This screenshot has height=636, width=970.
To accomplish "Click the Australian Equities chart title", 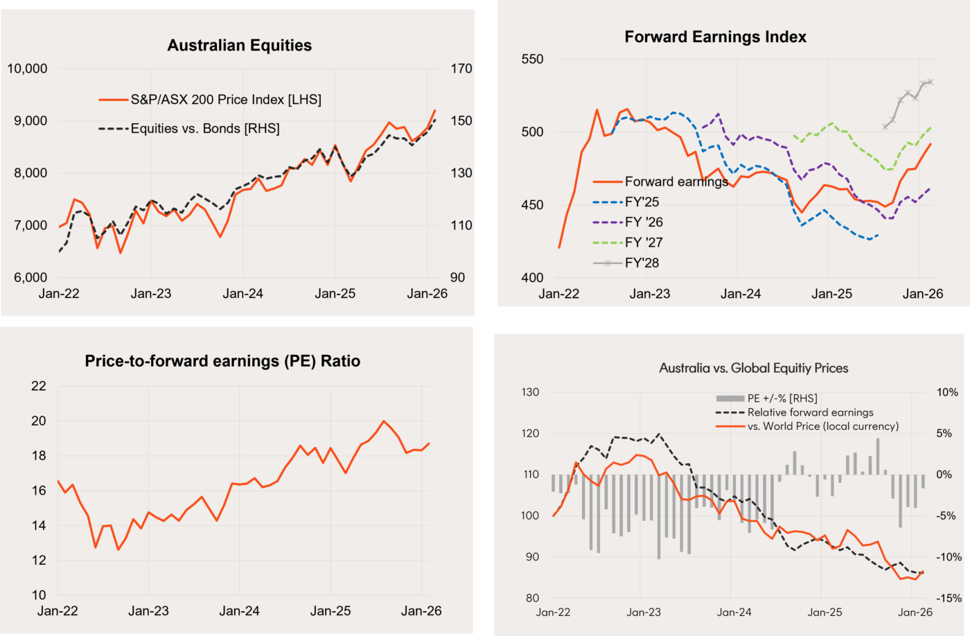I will (x=240, y=46).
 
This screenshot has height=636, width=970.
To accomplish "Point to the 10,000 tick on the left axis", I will (x=26, y=69).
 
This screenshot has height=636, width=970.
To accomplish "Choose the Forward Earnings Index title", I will (x=715, y=37).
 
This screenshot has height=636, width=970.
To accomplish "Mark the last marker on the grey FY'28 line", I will (x=931, y=82).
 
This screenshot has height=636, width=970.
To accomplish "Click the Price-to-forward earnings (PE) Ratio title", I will (x=222, y=361).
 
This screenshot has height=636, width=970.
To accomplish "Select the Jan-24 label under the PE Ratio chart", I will (x=239, y=612).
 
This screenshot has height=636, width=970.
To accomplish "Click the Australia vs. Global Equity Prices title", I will (x=753, y=368).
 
